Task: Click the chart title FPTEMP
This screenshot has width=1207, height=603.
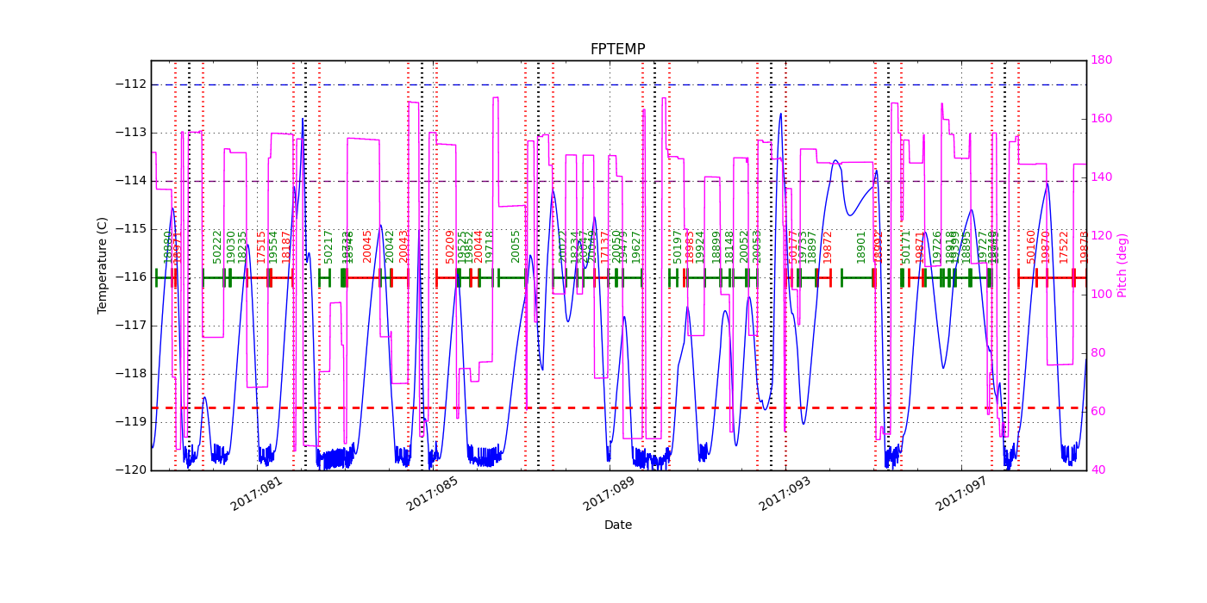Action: pos(617,49)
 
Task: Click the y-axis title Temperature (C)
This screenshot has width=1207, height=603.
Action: pos(103,265)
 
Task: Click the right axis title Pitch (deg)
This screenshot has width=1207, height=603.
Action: pos(1123,265)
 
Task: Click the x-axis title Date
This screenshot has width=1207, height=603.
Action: pos(617,525)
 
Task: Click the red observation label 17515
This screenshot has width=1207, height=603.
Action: pos(262,246)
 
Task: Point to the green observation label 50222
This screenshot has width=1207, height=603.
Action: pos(218,246)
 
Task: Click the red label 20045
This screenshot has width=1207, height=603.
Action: pos(368,246)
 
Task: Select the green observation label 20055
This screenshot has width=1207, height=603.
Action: pos(516,246)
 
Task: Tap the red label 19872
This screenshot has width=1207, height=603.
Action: pos(828,246)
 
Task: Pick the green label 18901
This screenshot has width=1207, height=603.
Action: pos(861,246)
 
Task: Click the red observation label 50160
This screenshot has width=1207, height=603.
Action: pos(1031,246)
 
